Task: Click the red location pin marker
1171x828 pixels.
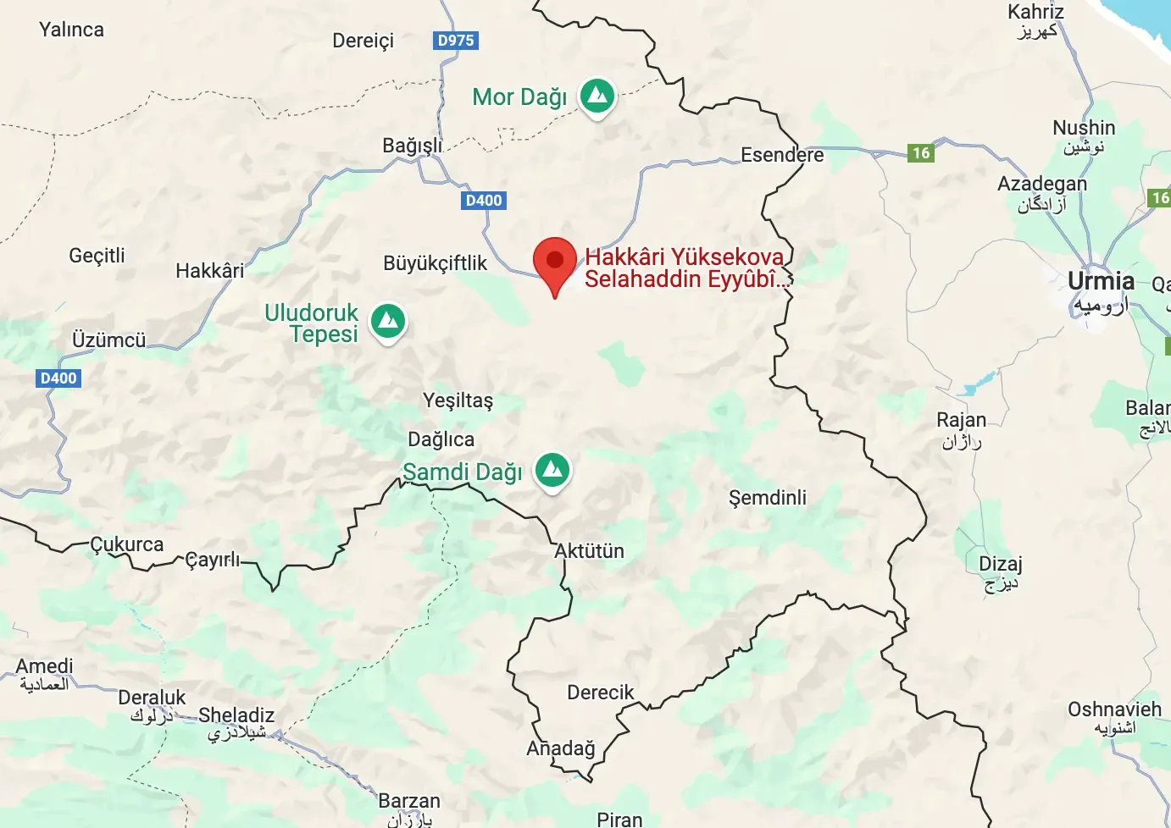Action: coord(555,261)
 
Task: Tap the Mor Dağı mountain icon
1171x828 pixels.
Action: coord(597,97)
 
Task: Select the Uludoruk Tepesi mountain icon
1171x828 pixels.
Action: coord(388,321)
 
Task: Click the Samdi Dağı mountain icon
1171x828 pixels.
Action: coord(552,468)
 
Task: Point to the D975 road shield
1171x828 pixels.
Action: coord(456,40)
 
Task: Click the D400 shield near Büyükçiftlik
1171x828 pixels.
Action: coord(484,201)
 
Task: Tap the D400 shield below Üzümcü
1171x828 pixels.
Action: coord(58,378)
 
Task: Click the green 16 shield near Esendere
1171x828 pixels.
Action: coord(921,153)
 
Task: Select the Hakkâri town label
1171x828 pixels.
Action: coord(209,271)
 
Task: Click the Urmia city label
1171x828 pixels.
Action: coord(1100,281)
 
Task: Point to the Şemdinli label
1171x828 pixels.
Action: coord(768,498)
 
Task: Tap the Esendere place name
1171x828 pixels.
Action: coord(781,155)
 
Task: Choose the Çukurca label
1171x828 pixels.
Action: coord(127,544)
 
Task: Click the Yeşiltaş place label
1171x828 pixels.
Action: coord(458,400)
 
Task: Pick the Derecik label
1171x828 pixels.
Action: coord(600,693)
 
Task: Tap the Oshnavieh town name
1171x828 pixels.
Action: coord(1114,709)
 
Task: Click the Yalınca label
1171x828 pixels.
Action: coord(71,30)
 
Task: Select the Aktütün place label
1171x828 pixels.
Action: coord(589,551)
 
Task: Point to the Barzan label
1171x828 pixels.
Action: coord(409,801)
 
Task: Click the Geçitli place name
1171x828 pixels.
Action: coord(97,256)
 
